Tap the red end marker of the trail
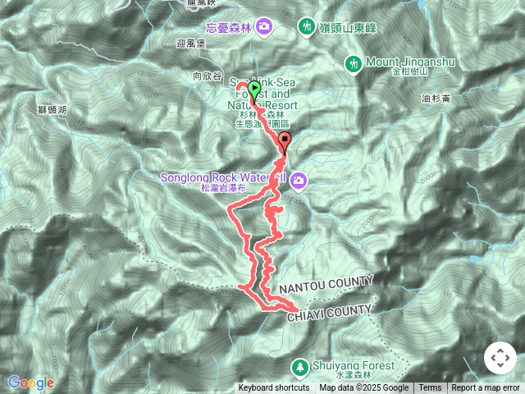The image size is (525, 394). click(x=285, y=140)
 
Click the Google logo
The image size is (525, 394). click(x=30, y=383)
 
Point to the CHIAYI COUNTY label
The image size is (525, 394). click(x=328, y=309)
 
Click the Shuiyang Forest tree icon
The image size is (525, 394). click(x=300, y=366)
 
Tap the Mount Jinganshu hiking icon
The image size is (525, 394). click(x=354, y=63)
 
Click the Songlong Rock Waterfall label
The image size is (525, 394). click(x=224, y=178)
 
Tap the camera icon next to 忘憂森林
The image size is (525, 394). click(x=264, y=27)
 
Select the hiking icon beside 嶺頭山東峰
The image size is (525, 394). click(x=306, y=27)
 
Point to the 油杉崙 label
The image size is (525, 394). click(x=436, y=99)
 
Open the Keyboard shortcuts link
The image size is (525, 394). click(x=273, y=388)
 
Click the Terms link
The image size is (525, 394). click(x=430, y=388)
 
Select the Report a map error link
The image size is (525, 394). click(x=487, y=388)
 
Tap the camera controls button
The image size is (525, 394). click(x=500, y=359)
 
